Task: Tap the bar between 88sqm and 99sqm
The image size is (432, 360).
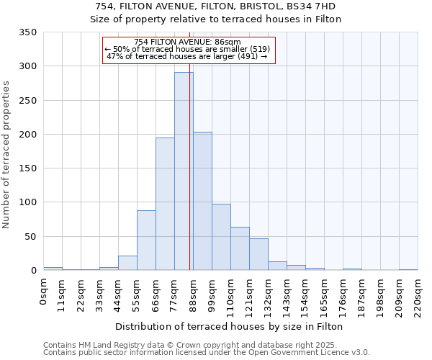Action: click(x=202, y=201)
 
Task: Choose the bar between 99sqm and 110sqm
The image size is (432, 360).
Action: click(x=221, y=237)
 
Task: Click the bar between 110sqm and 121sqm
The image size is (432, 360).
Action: click(x=240, y=248)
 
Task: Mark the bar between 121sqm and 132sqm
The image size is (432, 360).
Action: click(x=258, y=254)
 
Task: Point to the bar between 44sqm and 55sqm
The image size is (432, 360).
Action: click(x=127, y=263)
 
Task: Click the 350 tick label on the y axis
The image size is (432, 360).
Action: click(x=27, y=32)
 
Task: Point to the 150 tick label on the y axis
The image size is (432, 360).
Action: click(x=27, y=168)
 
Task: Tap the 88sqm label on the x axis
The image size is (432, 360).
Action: click(x=193, y=292)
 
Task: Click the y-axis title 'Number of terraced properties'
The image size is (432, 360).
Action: click(x=6, y=155)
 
